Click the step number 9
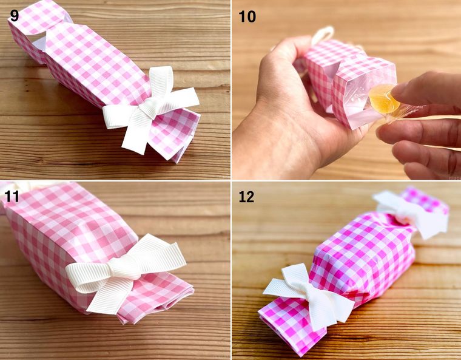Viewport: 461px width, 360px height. coord(14,15)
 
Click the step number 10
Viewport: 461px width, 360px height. coord(247,16)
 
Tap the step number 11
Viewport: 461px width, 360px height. coord(12,196)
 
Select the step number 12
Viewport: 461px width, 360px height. coord(246,197)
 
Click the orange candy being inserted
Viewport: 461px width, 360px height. coord(383,98)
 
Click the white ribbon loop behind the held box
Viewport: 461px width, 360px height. coord(323,34)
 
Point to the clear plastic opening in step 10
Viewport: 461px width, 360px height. coord(365,97)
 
